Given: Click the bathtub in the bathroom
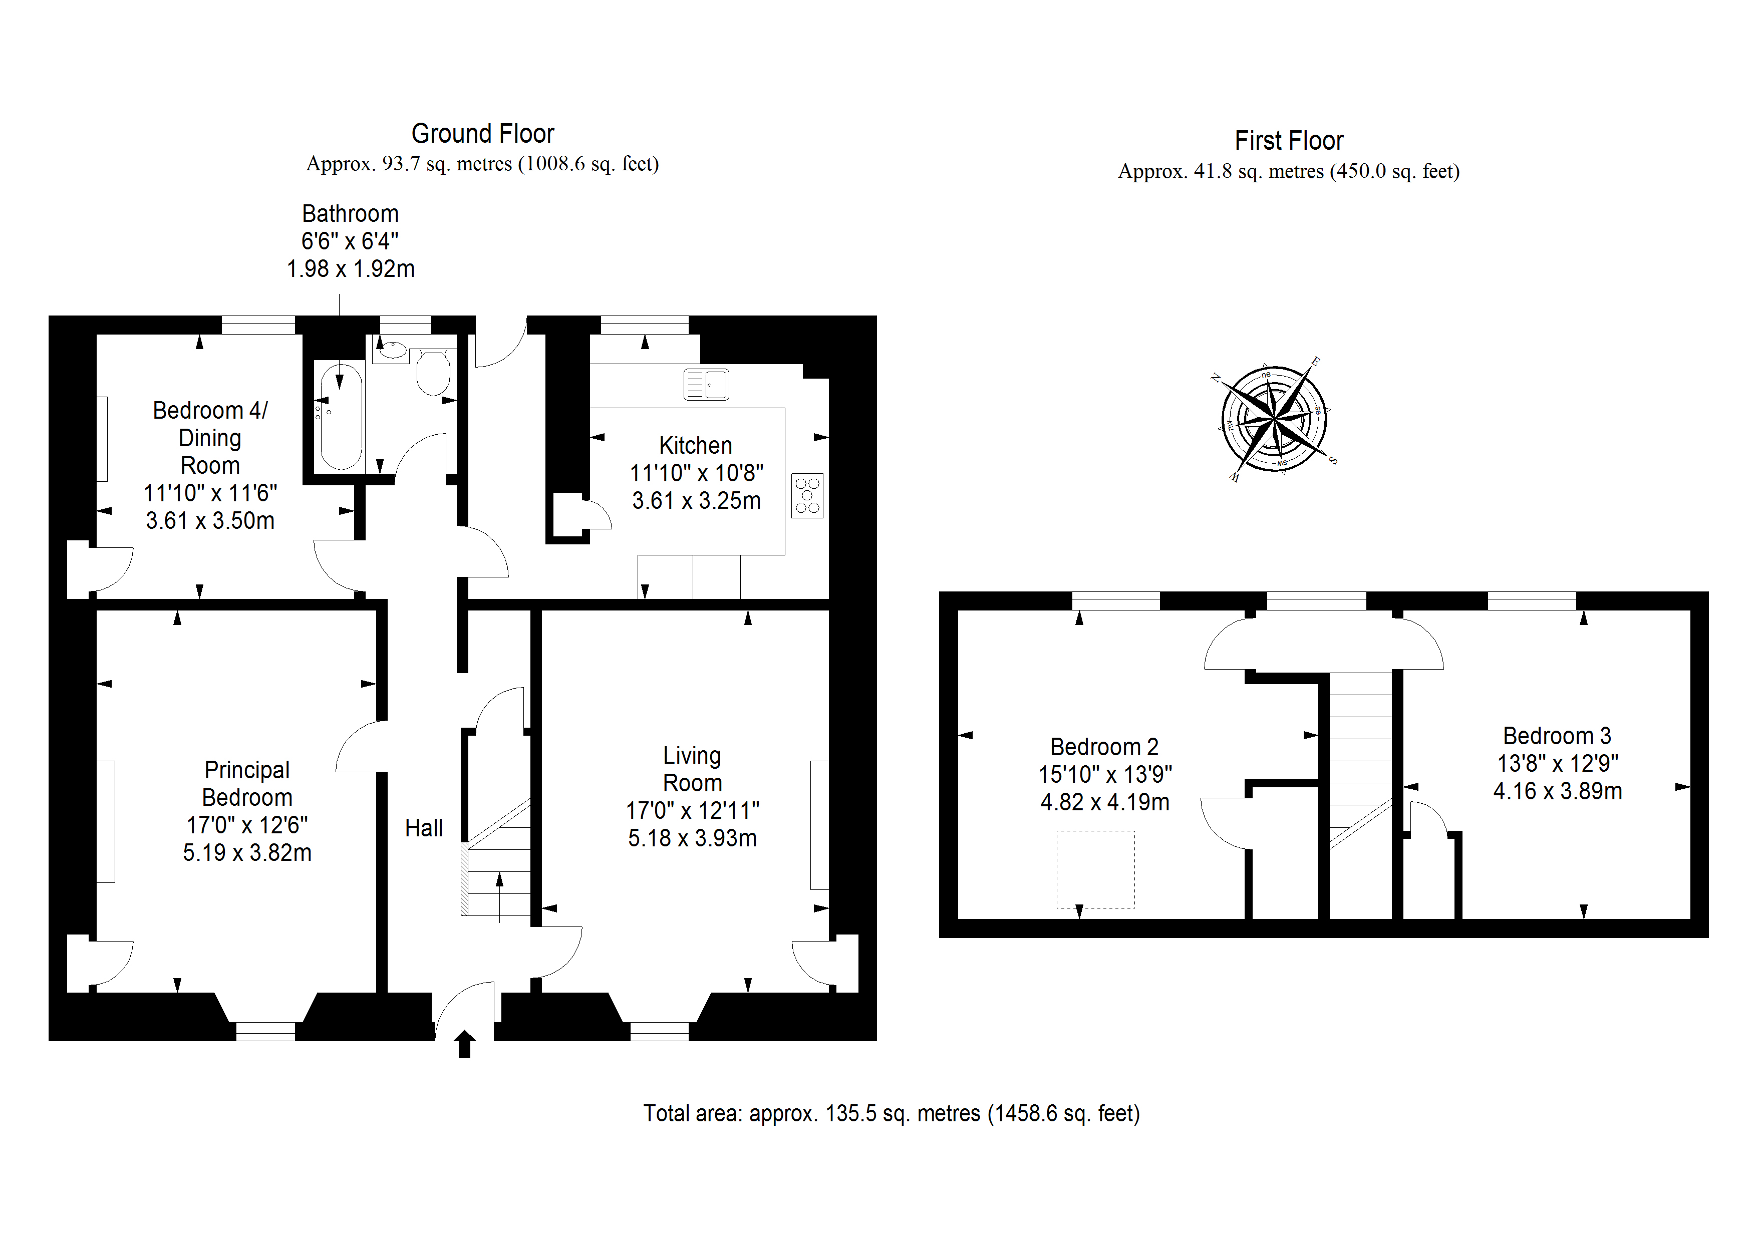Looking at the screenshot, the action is [x=341, y=417].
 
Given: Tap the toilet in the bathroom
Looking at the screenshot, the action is [x=433, y=373].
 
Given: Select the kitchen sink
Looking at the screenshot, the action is [x=706, y=384].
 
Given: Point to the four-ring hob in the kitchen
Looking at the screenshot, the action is [x=807, y=496].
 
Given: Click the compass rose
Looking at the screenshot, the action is [x=1274, y=419].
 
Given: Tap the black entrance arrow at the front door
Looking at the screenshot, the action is [x=464, y=1044].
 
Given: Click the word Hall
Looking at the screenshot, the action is [x=424, y=828].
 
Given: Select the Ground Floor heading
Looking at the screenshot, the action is [x=483, y=134].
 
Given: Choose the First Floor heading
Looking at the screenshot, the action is [x=1289, y=141].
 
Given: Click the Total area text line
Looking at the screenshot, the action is [x=892, y=1113].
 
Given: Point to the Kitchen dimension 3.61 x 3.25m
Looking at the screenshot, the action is [x=696, y=500].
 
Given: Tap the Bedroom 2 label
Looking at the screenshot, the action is [x=1104, y=747].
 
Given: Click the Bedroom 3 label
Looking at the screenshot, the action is [x=1557, y=736].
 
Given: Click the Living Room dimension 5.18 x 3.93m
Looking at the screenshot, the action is [x=693, y=838].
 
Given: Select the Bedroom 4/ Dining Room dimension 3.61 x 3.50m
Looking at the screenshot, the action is [x=210, y=520].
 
